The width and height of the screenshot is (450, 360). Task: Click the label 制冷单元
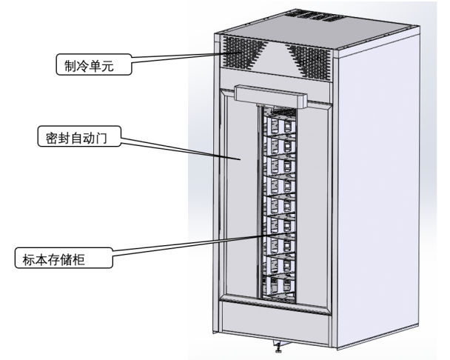point(90,66)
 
